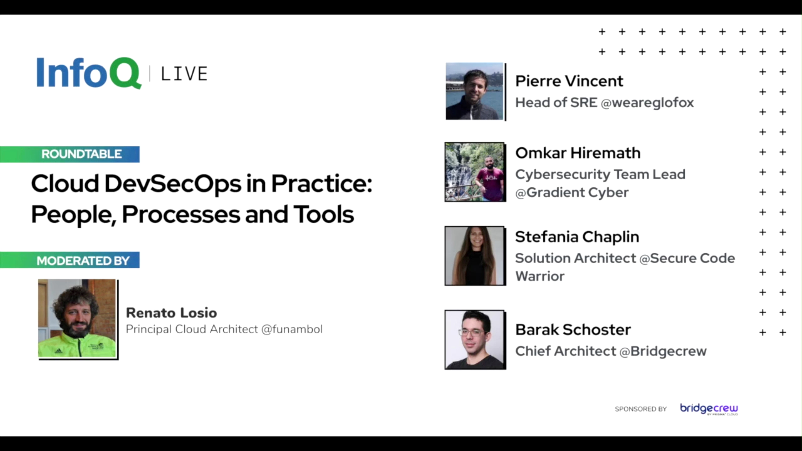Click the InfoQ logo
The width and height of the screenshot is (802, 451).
pyautogui.click(x=89, y=73)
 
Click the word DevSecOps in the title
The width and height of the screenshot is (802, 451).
pyautogui.click(x=173, y=184)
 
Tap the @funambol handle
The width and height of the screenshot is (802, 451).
pyautogui.click(x=292, y=329)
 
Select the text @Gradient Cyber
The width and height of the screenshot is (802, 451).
pyautogui.click(x=572, y=193)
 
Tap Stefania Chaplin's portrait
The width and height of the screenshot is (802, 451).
pyautogui.click(x=475, y=256)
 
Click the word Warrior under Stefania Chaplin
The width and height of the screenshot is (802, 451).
pyautogui.click(x=540, y=276)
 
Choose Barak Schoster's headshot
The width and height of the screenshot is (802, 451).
pyautogui.click(x=475, y=339)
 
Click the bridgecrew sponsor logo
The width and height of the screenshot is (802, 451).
pyautogui.click(x=709, y=409)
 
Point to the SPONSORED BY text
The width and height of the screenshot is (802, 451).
pyautogui.click(x=641, y=409)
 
